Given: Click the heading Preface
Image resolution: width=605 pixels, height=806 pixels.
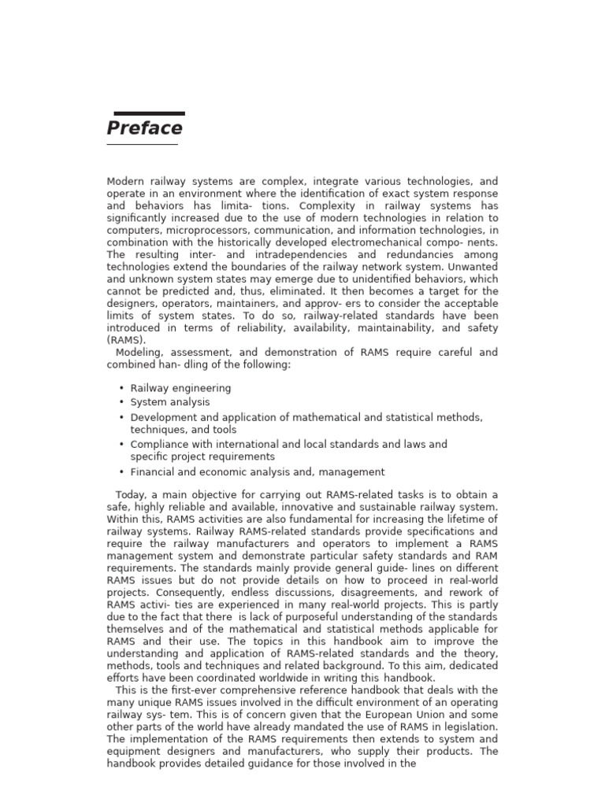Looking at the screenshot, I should tap(145, 128).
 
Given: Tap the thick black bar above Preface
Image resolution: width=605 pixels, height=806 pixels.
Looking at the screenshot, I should tap(150, 114).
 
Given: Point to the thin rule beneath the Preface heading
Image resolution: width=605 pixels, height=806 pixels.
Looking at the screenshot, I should tap(142, 145).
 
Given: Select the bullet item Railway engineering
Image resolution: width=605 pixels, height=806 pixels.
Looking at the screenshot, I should tap(180, 388).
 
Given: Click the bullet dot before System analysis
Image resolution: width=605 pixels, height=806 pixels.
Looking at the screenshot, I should tap(121, 402).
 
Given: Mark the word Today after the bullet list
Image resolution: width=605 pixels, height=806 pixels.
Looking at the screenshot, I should tap(131, 494).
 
